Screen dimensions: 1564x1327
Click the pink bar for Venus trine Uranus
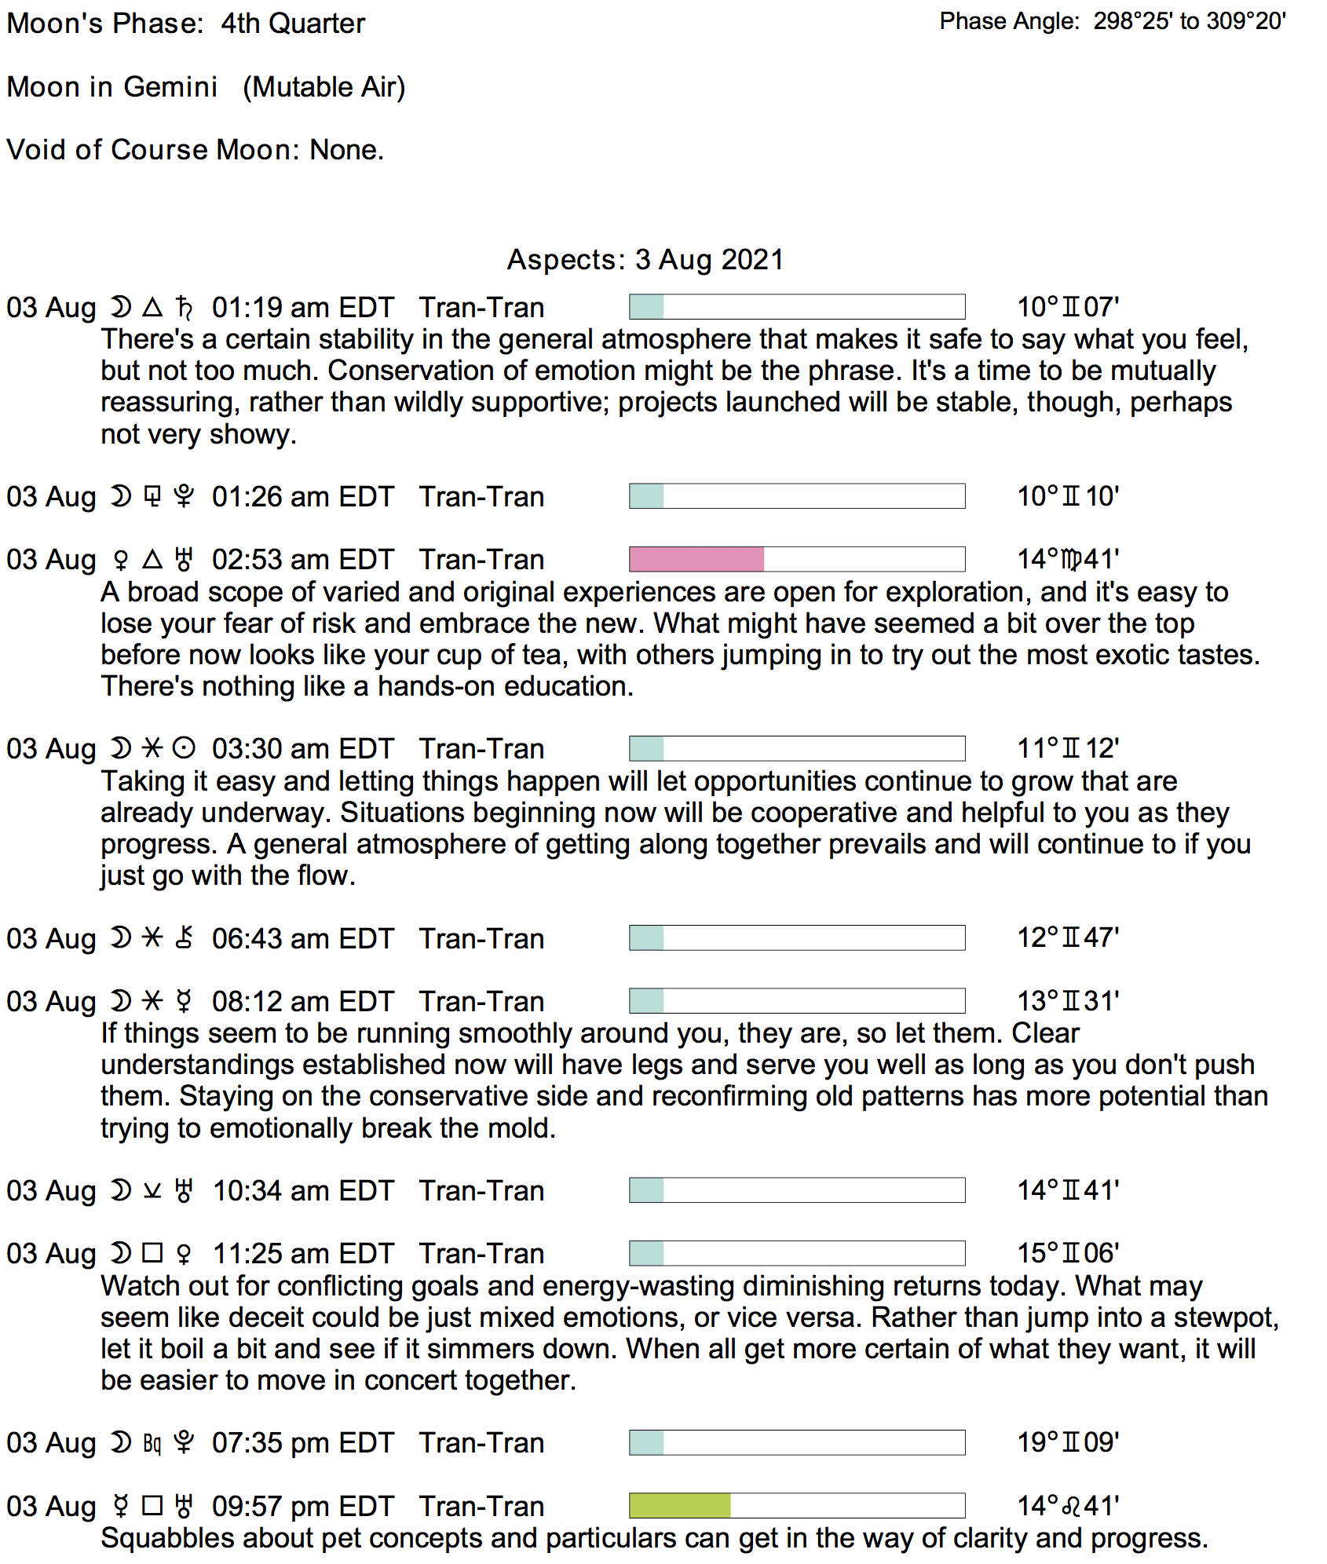click(x=696, y=559)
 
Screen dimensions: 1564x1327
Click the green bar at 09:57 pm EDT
click(x=680, y=1505)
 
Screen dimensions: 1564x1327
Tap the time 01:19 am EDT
click(x=302, y=307)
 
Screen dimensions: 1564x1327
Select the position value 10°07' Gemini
click(x=1068, y=307)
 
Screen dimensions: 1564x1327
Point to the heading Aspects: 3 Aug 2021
click(x=645, y=259)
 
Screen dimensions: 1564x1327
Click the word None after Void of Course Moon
click(x=345, y=149)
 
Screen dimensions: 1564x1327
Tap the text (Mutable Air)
click(x=324, y=86)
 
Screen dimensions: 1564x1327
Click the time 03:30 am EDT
click(x=302, y=748)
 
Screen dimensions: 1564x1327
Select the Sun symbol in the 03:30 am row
click(x=184, y=748)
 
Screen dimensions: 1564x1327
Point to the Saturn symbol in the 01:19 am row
click(x=184, y=307)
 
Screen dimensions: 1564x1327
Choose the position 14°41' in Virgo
click(x=1068, y=559)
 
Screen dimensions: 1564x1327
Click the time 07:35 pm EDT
click(x=302, y=1442)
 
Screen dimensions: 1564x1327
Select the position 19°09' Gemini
click(x=1068, y=1442)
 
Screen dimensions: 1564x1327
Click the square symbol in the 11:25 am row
click(x=152, y=1253)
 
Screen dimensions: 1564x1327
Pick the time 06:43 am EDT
click(x=302, y=938)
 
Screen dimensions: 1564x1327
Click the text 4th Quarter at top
click(x=293, y=24)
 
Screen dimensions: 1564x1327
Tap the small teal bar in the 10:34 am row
click(x=647, y=1190)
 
